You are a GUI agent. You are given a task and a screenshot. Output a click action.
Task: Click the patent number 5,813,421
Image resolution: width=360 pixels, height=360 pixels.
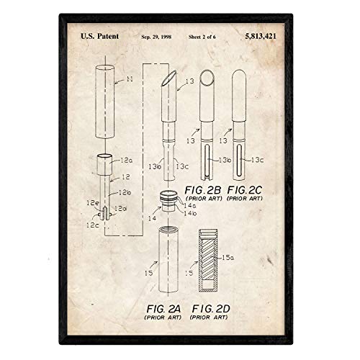click(x=261, y=36)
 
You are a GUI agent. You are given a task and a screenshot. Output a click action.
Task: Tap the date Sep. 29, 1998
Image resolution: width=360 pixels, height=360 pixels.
click(x=156, y=37)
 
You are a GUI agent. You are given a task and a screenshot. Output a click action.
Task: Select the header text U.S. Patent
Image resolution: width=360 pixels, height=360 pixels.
click(x=99, y=36)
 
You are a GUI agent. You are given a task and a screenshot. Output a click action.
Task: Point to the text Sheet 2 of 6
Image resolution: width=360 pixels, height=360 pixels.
click(x=202, y=37)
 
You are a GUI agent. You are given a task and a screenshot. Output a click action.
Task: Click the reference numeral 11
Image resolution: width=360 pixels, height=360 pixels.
click(x=130, y=79)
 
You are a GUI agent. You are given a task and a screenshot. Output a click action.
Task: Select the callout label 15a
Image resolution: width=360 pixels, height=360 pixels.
click(x=228, y=258)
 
